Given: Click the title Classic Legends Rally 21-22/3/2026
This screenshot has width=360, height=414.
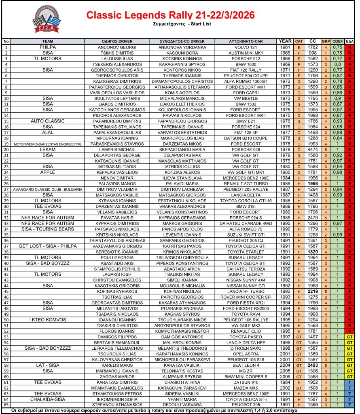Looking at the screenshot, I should [x=170, y=15].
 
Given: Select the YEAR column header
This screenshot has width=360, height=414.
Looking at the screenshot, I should [x=285, y=41].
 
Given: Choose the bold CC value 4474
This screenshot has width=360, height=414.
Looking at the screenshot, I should [x=313, y=149].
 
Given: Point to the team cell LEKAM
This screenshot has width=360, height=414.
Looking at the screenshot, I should [x=47, y=149].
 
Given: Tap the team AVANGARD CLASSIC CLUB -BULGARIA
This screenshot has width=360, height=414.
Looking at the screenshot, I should [x=47, y=189].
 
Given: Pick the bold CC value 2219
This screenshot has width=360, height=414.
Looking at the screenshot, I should [x=313, y=291].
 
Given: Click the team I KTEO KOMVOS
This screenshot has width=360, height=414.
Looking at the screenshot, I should [x=47, y=319].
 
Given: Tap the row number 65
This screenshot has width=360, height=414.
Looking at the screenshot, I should [x=6, y=404].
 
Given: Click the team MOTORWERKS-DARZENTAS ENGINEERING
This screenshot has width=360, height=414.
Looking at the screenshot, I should [x=47, y=144].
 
